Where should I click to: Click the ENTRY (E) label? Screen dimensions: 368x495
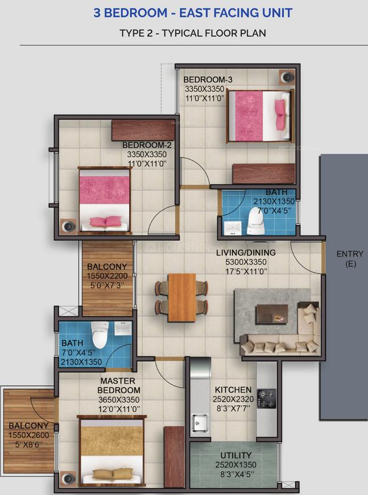(350, 258)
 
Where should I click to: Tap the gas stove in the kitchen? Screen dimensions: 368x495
(266, 398)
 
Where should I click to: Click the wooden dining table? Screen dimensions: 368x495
(181, 298)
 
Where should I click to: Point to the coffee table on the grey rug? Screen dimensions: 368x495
(272, 314)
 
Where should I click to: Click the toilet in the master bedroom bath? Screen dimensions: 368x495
(99, 335)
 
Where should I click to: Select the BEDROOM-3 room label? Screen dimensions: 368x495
(208, 80)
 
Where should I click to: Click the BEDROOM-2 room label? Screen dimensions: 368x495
(147, 145)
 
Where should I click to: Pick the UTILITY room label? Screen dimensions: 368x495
(236, 455)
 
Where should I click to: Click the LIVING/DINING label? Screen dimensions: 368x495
(246, 253)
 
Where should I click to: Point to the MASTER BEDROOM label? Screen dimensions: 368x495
(119, 385)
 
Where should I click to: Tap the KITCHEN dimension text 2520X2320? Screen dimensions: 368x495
(233, 399)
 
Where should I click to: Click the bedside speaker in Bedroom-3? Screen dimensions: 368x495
(287, 77)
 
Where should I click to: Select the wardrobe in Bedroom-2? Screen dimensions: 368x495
(143, 130)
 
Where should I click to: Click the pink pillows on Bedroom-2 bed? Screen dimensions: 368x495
(106, 221)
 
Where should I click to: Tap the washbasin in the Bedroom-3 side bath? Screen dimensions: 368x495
(233, 228)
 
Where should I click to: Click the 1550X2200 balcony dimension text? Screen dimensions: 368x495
(107, 276)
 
